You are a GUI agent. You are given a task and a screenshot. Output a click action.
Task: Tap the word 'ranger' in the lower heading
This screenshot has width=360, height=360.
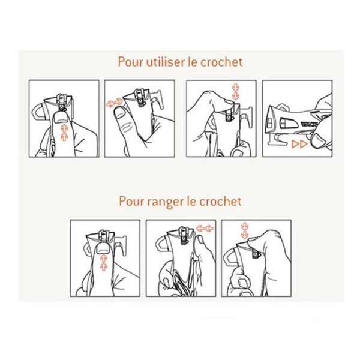[165, 202]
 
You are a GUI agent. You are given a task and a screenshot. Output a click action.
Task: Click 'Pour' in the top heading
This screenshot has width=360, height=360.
[130, 62]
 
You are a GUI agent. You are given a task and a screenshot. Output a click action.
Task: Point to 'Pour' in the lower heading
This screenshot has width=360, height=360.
[131, 202]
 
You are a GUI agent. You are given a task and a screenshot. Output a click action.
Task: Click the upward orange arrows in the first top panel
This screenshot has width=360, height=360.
[65, 133]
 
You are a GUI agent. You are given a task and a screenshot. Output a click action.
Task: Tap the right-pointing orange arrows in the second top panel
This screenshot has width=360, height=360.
[115, 103]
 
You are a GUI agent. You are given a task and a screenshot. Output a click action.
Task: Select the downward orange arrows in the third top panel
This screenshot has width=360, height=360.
[236, 92]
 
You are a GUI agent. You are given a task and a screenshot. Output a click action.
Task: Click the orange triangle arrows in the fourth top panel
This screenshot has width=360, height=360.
[299, 144]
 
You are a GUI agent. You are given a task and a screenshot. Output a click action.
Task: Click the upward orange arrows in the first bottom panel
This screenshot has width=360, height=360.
[104, 262]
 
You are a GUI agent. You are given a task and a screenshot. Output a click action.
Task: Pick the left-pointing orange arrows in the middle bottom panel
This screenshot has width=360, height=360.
[205, 229]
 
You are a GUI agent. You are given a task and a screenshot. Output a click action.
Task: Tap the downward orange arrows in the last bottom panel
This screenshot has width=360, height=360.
[245, 230]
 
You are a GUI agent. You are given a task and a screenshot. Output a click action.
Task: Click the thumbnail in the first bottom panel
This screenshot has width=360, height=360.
[101, 250]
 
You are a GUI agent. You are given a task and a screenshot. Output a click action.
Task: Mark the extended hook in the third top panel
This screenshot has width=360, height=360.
[245, 116]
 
